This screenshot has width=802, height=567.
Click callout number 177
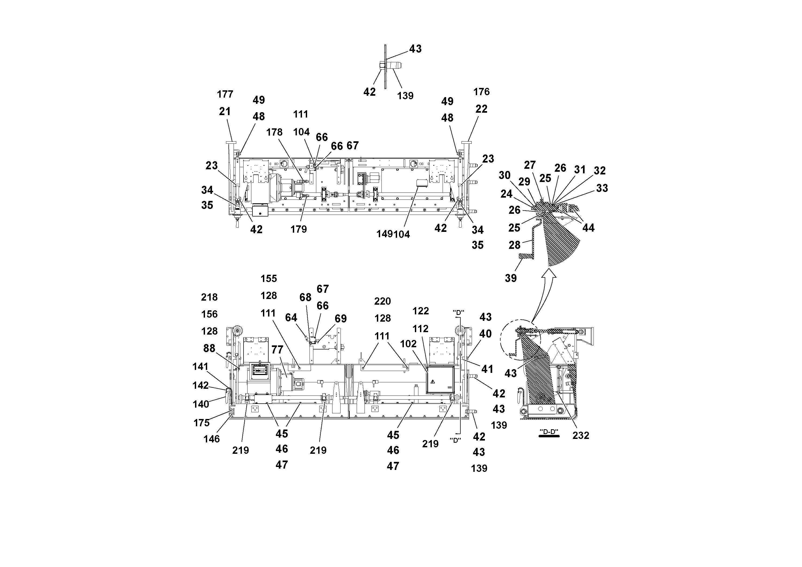tap(225, 94)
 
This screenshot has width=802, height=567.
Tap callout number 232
tap(581, 435)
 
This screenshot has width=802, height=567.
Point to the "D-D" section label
tap(549, 431)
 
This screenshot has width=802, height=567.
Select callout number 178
tap(274, 132)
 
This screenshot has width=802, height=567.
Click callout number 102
tap(408, 344)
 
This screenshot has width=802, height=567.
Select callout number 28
tap(514, 245)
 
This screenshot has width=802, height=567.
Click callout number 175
tap(201, 423)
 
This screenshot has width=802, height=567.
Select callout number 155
tap(268, 279)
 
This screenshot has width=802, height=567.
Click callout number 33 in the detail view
tap(602, 188)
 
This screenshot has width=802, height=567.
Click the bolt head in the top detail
tap(381, 65)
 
